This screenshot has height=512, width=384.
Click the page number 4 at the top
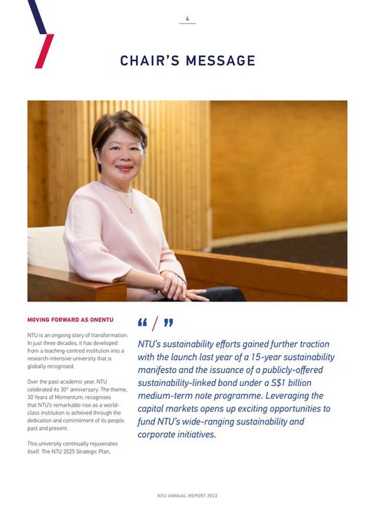click(x=187, y=18)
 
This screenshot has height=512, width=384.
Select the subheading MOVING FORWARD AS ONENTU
click(x=71, y=318)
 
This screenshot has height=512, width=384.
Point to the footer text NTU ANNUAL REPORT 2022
click(x=187, y=496)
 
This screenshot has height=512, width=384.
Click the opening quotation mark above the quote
click(x=143, y=323)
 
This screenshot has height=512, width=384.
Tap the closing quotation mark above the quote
click(x=168, y=323)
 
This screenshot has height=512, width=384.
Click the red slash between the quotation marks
click(x=155, y=324)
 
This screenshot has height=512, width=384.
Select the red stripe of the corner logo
click(x=45, y=51)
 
